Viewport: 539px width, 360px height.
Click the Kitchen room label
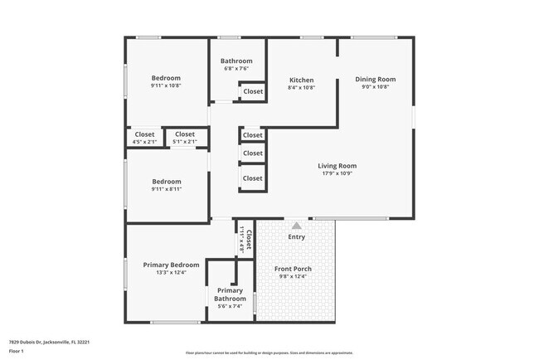tap(301, 80)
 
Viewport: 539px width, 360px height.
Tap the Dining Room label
tap(376, 80)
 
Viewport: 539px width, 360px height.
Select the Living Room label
tap(337, 166)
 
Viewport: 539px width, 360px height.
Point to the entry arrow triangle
tap(296, 225)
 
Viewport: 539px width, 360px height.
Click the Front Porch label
tap(296, 269)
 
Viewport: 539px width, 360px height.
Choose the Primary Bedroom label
tap(171, 265)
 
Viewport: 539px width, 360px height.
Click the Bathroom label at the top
tap(236, 61)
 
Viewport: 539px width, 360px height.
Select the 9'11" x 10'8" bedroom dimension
tap(166, 85)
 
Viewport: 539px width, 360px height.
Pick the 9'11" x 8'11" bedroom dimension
tap(166, 189)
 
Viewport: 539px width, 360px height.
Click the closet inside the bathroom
tap(253, 91)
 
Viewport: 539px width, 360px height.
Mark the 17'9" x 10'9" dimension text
tap(337, 173)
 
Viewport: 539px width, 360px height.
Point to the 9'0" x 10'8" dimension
tap(376, 87)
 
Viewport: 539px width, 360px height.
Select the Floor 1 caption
tap(17, 352)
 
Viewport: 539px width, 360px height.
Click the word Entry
tap(296, 237)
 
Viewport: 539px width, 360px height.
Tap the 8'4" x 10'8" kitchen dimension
tap(301, 87)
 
